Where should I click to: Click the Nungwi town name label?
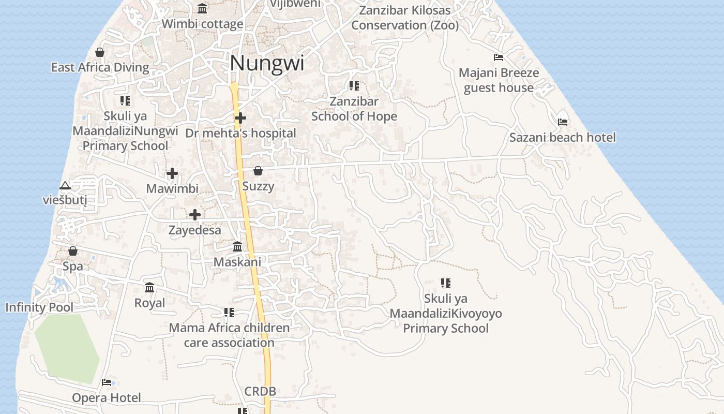point(267,63)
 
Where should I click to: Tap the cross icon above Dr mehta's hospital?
point(240,119)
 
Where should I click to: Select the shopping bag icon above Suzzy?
point(258,171)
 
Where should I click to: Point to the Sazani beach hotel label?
point(563,138)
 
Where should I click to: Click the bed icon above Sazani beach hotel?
point(563,122)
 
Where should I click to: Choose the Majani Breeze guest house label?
point(499,80)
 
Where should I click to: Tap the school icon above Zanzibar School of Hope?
point(354,86)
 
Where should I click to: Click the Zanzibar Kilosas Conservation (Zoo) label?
point(405,18)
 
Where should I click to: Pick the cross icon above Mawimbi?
point(172,174)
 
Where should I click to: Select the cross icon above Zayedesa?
point(195,215)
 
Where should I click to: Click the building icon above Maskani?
point(237,246)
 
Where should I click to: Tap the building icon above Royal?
point(149,287)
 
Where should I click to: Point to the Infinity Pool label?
point(39,307)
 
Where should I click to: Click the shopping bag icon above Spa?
point(73,251)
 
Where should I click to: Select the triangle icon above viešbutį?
point(65,185)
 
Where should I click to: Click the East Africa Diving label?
point(100,67)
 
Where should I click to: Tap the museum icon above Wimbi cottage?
point(202,9)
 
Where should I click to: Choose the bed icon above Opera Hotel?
point(107,382)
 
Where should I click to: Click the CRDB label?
point(260,392)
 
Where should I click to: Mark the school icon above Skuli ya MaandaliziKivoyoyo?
point(446,283)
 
